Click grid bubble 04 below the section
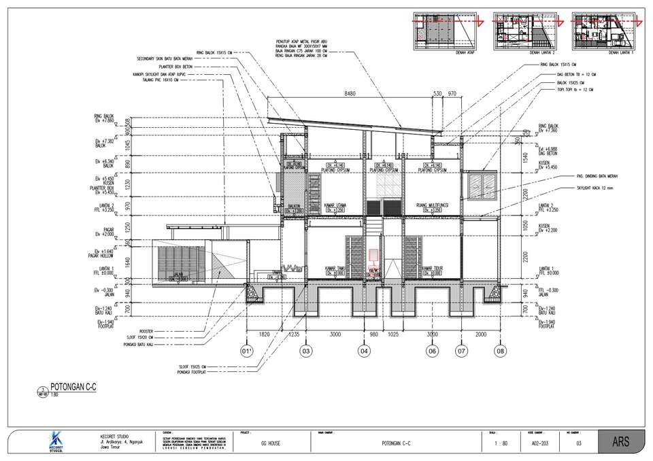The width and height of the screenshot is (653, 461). coord(365,352)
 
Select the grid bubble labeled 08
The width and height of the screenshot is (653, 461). coord(501,352)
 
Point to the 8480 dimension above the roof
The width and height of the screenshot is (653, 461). coord(350,93)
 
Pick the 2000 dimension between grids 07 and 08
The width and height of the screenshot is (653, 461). coord(481,335)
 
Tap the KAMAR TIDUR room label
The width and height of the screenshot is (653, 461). coord(433,269)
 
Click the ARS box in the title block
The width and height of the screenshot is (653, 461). coord(621,442)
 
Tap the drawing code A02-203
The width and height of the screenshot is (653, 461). coord(540,443)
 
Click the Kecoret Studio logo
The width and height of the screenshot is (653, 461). coord(58,441)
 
